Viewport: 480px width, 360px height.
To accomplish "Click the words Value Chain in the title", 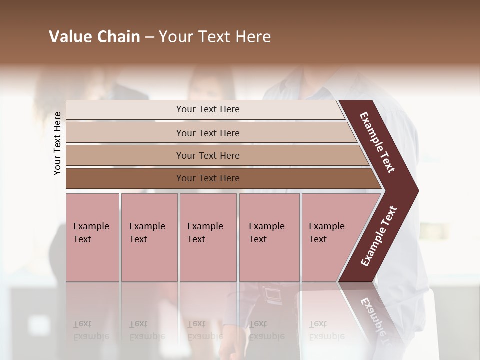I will [x=94, y=37].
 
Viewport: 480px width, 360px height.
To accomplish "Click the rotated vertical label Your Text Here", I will [x=57, y=144].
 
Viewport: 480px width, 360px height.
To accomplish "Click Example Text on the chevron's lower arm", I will [x=378, y=236].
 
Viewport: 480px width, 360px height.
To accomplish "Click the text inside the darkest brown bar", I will [x=208, y=178].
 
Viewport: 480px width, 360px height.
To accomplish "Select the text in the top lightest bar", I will [x=208, y=109].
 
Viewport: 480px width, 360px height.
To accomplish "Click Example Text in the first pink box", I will [x=91, y=233].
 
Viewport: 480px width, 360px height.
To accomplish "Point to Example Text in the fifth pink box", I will [x=326, y=233].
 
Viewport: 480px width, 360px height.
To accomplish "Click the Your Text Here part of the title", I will [x=215, y=37].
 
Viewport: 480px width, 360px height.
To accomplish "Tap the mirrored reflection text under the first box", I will [x=91, y=330].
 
